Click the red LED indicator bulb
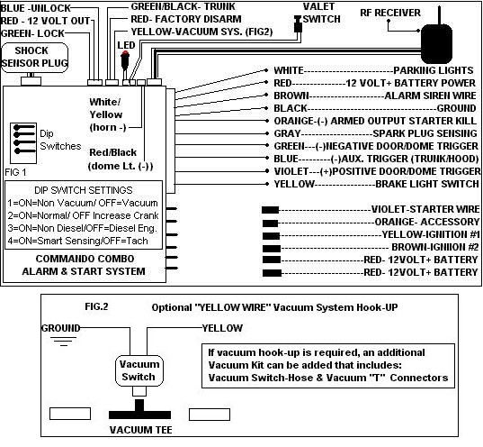[x=125, y=55]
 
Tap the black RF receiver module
[x=436, y=44]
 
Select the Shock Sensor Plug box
[x=34, y=58]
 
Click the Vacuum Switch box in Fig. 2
[x=139, y=370]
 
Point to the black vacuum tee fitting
[x=139, y=410]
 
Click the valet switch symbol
[x=298, y=24]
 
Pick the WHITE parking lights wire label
[x=373, y=70]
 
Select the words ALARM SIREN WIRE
[x=430, y=96]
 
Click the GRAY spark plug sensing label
[x=375, y=133]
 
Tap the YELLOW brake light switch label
[x=377, y=184]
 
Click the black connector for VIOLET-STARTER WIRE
[x=270, y=210]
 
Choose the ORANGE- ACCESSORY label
[x=427, y=222]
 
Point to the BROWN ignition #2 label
[x=435, y=247]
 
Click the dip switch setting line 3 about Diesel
[x=82, y=228]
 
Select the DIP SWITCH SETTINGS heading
[x=84, y=190]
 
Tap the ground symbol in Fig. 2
[x=64, y=342]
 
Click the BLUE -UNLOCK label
[x=35, y=8]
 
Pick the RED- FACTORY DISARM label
[x=186, y=19]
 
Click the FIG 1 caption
[x=15, y=172]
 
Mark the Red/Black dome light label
[x=121, y=159]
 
